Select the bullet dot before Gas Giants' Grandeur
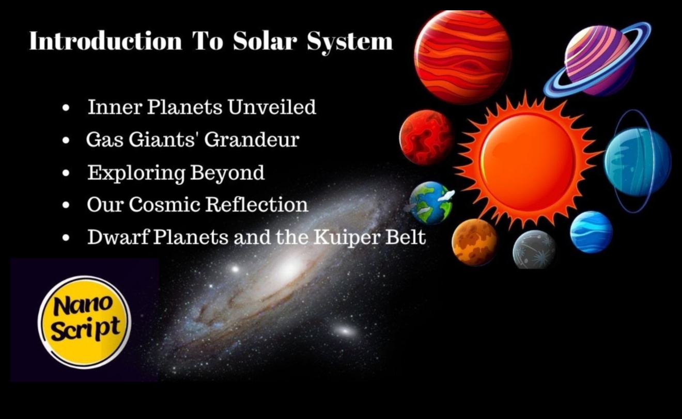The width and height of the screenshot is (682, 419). click(x=66, y=141)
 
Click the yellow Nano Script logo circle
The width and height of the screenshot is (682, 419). click(x=84, y=321)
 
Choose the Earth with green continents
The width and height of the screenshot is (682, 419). click(x=430, y=203)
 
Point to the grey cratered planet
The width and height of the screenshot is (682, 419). click(x=534, y=250)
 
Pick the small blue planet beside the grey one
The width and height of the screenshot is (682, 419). click(x=591, y=232)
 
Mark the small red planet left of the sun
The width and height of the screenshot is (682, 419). click(x=426, y=137)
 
